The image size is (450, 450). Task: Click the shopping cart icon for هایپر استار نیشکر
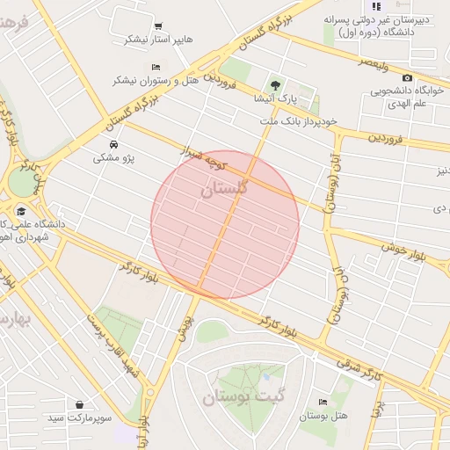158,26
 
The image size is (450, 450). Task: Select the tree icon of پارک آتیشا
277,85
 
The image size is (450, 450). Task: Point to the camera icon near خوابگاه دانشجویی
407,78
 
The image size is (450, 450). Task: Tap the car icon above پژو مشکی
113,145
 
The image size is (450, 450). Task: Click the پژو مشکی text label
113,159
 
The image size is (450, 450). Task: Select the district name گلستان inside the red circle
225,189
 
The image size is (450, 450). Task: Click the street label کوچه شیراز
207,158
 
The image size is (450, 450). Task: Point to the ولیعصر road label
374,63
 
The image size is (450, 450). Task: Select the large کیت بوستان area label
243,397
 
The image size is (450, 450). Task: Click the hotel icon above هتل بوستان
323,401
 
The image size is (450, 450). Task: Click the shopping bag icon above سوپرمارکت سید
81,405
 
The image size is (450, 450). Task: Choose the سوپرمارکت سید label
81,419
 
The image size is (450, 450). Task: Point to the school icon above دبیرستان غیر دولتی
376,6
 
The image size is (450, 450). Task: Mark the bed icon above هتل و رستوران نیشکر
156,67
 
